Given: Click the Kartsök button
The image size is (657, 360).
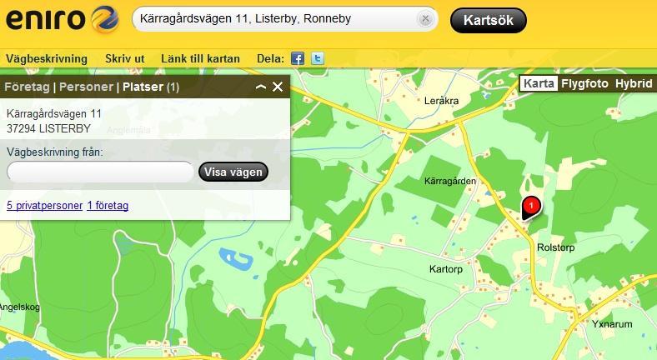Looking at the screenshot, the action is [488, 20].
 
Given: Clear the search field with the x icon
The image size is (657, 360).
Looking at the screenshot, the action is [425, 19].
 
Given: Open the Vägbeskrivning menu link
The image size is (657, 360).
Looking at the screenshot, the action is [47, 58].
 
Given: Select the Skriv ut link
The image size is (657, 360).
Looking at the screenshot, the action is [125, 58].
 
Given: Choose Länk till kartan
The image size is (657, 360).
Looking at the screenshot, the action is [201, 58].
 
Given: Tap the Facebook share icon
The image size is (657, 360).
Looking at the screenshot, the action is [298, 58].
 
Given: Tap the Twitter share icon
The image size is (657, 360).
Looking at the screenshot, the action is [317, 58].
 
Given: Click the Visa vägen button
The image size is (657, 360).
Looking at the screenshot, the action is [233, 172].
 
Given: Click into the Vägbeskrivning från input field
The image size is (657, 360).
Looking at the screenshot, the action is [100, 172].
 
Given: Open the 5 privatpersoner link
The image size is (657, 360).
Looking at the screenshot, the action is [44, 205].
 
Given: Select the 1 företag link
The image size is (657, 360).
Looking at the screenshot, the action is [108, 205].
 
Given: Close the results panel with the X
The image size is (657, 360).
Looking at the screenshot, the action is [278, 87].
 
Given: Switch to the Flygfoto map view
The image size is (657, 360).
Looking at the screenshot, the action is [584, 84].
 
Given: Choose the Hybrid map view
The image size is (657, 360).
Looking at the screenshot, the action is [634, 84].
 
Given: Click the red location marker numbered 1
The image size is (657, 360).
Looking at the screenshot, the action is [530, 205].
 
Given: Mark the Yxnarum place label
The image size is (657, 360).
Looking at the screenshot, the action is [613, 323].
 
